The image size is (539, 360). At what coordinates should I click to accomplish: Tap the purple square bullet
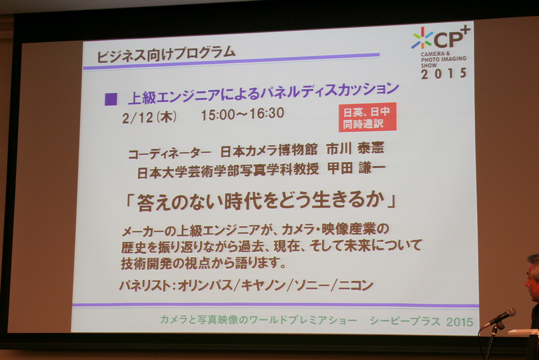click(111, 99)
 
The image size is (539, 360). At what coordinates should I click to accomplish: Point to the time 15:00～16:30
click(243, 114)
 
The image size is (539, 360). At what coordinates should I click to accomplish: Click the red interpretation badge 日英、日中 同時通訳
click(368, 117)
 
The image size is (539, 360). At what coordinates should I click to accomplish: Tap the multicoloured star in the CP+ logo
click(422, 38)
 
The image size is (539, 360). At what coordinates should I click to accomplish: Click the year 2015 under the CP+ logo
click(444, 73)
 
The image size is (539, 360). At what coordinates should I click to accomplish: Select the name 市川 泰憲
click(355, 148)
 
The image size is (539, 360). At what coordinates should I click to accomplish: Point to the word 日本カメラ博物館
click(269, 150)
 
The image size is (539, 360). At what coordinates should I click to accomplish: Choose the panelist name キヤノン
click(263, 285)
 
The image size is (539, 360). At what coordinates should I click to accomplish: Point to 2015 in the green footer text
click(459, 322)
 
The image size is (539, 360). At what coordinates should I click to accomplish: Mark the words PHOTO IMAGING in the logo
click(443, 59)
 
